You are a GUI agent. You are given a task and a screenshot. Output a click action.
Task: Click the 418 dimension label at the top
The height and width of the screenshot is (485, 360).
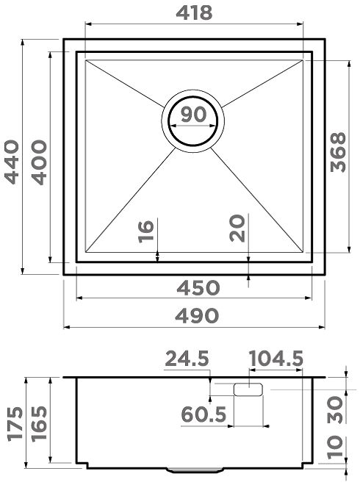(194, 13)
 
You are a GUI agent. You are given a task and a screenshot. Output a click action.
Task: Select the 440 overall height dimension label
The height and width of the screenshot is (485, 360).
(12, 162)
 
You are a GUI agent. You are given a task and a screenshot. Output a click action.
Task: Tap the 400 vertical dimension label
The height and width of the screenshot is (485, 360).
(40, 162)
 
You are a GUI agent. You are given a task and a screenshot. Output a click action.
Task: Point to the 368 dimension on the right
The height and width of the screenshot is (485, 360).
(338, 152)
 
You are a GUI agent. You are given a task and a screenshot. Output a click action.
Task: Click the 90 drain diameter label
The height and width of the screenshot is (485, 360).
(193, 114)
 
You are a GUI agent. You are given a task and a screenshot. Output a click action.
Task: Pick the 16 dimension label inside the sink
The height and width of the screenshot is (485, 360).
(145, 231)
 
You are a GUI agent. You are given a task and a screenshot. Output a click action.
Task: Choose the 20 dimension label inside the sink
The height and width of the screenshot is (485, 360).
(237, 229)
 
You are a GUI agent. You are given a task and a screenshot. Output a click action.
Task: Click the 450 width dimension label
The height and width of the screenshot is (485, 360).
(198, 287)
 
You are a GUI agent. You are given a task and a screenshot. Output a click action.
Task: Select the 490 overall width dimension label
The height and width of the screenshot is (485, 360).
(197, 316)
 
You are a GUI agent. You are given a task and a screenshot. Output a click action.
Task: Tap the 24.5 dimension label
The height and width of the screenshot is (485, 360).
(187, 359)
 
